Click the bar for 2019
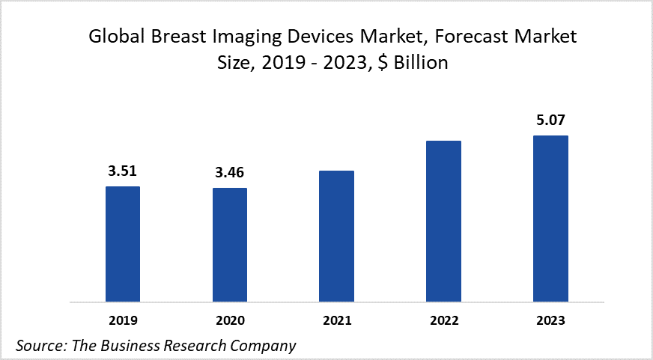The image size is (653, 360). coord(123,244)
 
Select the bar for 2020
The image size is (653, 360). coord(230,245)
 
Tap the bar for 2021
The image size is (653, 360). coord(336,237)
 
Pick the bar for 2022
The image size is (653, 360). coord(443,222)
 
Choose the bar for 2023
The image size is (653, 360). coord(550,219)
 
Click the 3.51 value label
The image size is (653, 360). coord(123,171)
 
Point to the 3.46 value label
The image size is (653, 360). coord(229,173)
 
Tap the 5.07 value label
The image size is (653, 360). coord(550,120)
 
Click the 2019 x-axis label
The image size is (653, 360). coord(123,320)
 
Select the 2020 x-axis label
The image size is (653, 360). coord(230,320)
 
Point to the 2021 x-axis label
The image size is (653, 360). coord(336,320)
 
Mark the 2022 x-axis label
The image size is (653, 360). coord(443,320)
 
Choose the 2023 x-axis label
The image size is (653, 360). coord(550,320)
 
